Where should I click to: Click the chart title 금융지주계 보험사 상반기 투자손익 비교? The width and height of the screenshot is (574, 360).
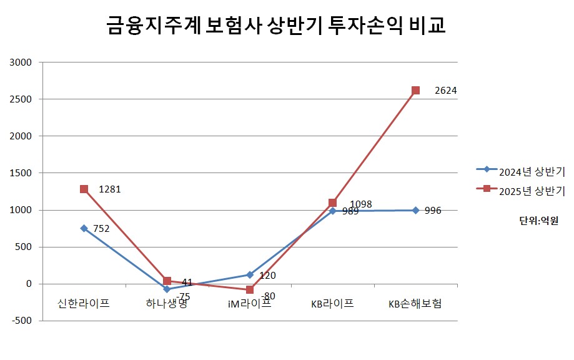click(275, 27)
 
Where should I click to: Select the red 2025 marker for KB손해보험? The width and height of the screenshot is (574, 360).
click(415, 90)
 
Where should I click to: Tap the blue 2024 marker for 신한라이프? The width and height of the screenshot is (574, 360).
click(84, 228)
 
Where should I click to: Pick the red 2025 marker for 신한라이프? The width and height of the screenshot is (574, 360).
click(84, 189)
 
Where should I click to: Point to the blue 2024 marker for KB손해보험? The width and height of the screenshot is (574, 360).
click(415, 210)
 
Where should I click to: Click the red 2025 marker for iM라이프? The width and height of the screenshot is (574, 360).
click(249, 289)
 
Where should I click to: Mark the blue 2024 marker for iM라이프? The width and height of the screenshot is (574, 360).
click(249, 274)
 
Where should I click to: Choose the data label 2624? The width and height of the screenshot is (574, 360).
click(446, 91)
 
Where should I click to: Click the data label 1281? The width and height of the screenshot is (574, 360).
click(109, 189)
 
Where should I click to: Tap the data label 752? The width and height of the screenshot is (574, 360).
click(101, 229)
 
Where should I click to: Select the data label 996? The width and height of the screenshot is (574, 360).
click(433, 211)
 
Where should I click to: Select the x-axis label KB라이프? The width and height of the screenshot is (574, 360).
click(332, 304)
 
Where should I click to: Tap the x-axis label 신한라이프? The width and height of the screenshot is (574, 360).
click(83, 304)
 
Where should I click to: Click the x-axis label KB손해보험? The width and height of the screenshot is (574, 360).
click(415, 304)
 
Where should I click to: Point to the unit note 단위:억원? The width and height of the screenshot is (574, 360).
click(538, 220)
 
